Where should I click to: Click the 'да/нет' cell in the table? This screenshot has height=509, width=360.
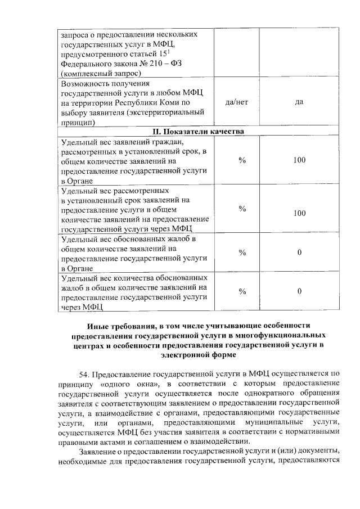(x=236, y=103)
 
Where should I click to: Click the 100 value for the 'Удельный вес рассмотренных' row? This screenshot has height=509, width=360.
(x=299, y=214)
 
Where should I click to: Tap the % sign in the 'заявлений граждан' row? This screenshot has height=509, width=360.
(x=242, y=160)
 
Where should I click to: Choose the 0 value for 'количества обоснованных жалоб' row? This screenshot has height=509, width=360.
(x=299, y=291)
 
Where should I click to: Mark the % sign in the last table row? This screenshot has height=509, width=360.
(x=242, y=291)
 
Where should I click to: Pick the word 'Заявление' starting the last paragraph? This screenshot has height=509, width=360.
(x=100, y=451)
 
